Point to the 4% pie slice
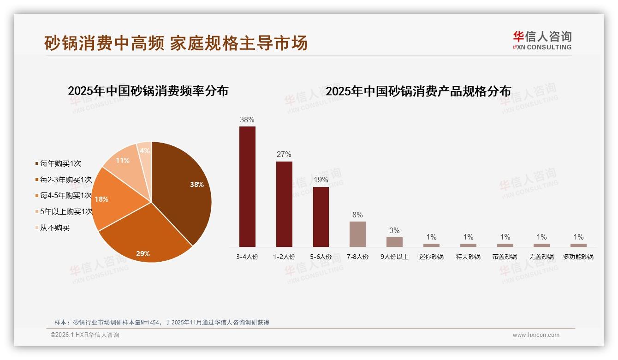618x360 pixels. coord(145,152)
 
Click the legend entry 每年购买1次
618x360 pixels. coord(60,163)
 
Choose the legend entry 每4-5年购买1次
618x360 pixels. coord(65,196)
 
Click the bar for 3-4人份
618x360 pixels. coord(247,186)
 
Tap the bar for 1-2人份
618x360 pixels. coord(284,204)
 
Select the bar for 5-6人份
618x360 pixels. coord(321,216)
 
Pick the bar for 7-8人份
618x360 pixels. coord(357,234)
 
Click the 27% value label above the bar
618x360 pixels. coord(284,155)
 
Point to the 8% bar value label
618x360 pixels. coord(357,215)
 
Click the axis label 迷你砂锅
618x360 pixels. coord(431,257)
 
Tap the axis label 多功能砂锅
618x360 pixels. coord(578,257)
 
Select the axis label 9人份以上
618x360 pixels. coord(394,257)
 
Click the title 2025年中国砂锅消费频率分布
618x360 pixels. coord(148,91)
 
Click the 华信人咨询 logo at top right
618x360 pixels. coord(542,40)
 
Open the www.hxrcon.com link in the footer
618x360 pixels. coord(536,335)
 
